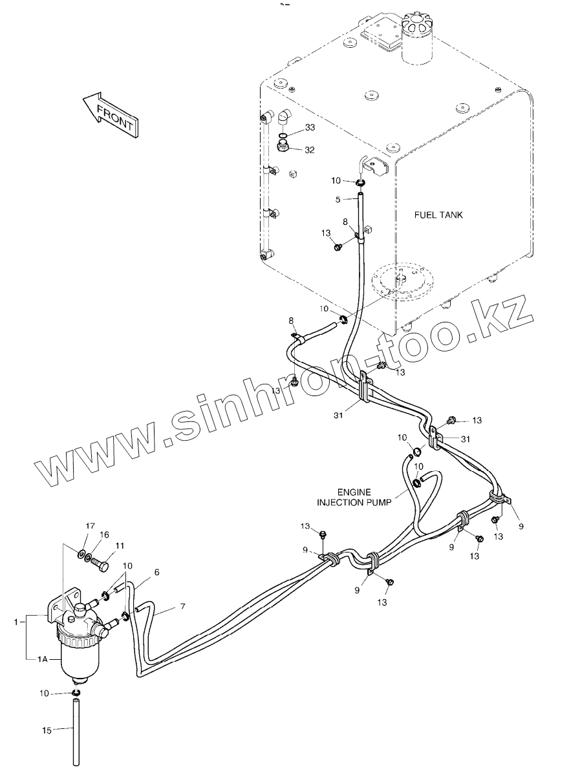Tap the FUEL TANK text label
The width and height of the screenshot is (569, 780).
(x=438, y=215)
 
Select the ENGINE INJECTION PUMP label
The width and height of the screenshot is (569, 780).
(x=352, y=496)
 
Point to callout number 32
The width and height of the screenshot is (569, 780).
(x=310, y=151)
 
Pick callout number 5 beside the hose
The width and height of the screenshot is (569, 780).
(x=338, y=200)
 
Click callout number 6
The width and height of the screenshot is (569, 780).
(x=156, y=572)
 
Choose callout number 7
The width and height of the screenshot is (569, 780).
(x=182, y=606)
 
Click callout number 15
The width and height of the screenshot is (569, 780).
(x=47, y=730)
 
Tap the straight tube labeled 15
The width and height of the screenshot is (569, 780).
(x=76, y=733)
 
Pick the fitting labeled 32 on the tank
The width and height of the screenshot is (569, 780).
(x=283, y=147)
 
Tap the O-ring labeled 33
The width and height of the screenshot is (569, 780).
(x=283, y=136)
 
